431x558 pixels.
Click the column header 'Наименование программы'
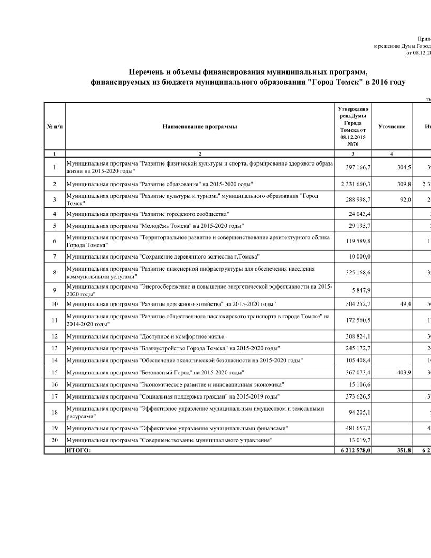[200, 127]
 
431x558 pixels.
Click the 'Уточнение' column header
[392, 127]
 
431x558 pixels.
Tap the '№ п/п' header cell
[54, 127]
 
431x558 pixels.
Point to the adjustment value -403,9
[403, 372]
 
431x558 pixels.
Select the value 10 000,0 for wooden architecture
[359, 257]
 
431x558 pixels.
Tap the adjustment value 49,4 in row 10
[405, 304]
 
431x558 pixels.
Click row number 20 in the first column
[54, 440]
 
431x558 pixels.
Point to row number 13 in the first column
[54, 348]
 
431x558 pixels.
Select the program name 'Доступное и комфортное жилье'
[183, 336]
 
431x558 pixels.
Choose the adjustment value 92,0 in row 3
[405, 200]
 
